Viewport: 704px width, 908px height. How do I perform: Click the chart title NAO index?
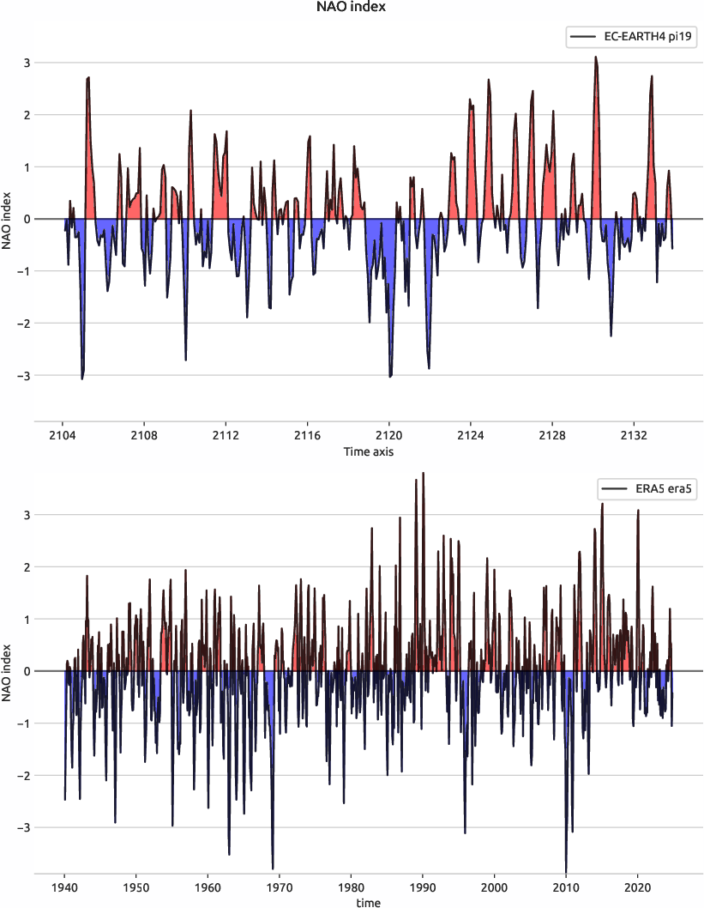[x=352, y=9]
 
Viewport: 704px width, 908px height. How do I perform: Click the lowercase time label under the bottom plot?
[x=369, y=902]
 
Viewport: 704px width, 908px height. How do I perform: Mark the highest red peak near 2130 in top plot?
[x=595, y=58]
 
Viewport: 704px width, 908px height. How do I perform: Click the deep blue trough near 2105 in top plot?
[x=82, y=378]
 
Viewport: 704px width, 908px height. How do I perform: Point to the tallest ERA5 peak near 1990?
[x=423, y=474]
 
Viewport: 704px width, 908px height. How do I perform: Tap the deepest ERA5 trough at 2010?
[x=566, y=870]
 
